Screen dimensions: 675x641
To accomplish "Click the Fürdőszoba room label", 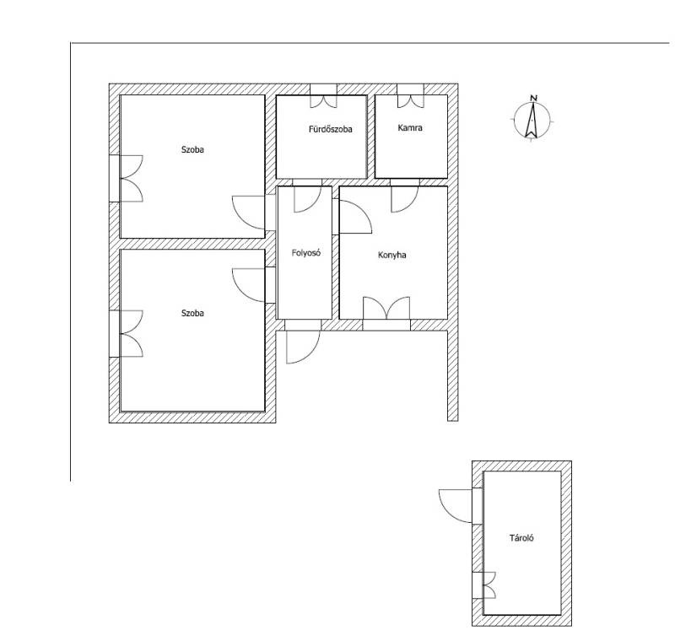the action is pyautogui.click(x=330, y=129).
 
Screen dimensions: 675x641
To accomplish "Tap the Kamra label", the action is pyautogui.click(x=410, y=127).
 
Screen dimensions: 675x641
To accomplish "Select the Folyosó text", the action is pyautogui.click(x=306, y=253).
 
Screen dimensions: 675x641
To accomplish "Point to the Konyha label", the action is pyautogui.click(x=391, y=255).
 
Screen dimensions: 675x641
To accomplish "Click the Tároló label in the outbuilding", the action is pyautogui.click(x=521, y=538).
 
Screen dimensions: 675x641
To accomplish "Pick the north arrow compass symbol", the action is pyautogui.click(x=532, y=121).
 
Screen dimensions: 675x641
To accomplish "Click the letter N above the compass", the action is pyautogui.click(x=534, y=98).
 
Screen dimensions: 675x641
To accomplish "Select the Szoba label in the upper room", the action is pyautogui.click(x=192, y=150).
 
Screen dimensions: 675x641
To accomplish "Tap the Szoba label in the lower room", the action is pyautogui.click(x=192, y=313).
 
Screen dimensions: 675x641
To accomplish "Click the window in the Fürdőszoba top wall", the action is pyautogui.click(x=323, y=95).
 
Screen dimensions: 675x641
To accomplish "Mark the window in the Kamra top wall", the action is pyautogui.click(x=410, y=95).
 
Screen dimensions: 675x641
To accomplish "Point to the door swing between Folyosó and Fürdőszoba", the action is pyautogui.click(x=307, y=197).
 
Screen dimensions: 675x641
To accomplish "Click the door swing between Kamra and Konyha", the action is pyautogui.click(x=405, y=197).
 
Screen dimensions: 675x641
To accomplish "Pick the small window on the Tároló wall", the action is pyautogui.click(x=483, y=585).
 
